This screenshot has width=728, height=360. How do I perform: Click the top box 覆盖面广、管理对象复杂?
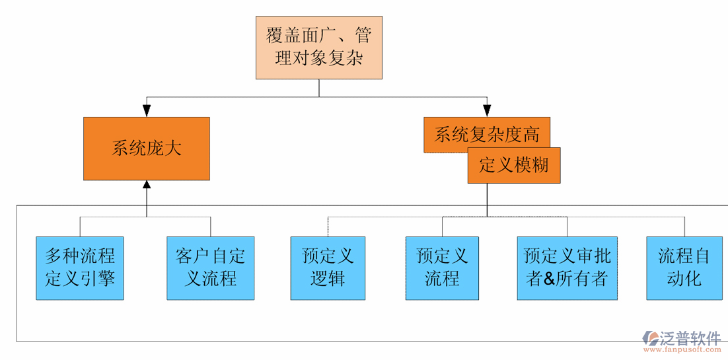(319, 48)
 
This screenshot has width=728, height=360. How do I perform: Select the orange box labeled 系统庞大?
(146, 149)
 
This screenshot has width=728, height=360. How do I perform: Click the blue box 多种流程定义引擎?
(80, 268)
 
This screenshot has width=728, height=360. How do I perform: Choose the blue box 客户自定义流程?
(210, 268)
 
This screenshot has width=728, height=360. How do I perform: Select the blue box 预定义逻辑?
(328, 268)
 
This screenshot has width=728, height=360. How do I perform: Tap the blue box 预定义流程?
(442, 268)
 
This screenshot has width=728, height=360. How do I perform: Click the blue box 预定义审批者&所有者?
(567, 268)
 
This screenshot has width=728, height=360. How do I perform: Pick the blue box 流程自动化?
(684, 268)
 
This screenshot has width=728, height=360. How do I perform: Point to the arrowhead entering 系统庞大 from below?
(146, 186)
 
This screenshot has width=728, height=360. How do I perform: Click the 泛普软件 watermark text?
(690, 338)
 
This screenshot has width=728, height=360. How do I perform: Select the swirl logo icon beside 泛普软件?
(649, 338)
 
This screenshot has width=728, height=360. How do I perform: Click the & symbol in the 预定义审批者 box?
(554, 279)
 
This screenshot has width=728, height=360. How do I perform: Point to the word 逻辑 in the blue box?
(328, 279)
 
